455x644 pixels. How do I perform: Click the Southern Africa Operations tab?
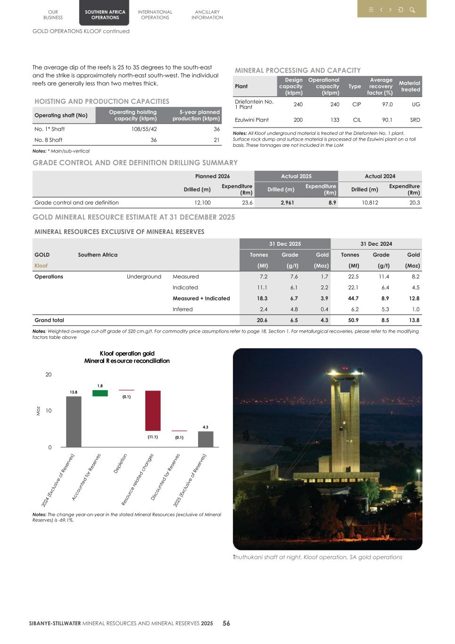[105, 15]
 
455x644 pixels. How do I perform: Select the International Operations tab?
[155, 15]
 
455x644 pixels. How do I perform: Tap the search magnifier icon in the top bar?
[412, 10]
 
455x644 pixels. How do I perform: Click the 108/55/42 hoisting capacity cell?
[144, 129]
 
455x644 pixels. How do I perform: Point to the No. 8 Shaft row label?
[48, 140]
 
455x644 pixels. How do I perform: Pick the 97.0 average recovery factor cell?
[387, 104]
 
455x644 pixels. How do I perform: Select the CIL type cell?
[356, 120]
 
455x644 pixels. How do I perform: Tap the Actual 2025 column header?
[296, 176]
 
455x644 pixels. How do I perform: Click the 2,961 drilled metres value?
[287, 202]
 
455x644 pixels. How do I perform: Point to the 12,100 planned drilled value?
[202, 202]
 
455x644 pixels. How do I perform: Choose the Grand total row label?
[49, 320]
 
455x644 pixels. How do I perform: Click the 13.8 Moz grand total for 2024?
[414, 320]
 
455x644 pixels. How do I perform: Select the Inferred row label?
[182, 309]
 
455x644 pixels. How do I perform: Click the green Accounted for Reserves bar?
[100, 393]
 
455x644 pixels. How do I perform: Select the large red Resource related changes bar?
[153, 410]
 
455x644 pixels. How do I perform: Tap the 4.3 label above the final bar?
[206, 427]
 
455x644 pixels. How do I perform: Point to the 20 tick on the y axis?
[49, 375]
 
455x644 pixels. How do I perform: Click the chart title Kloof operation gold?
[127, 353]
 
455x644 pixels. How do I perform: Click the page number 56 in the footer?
[226, 623]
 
